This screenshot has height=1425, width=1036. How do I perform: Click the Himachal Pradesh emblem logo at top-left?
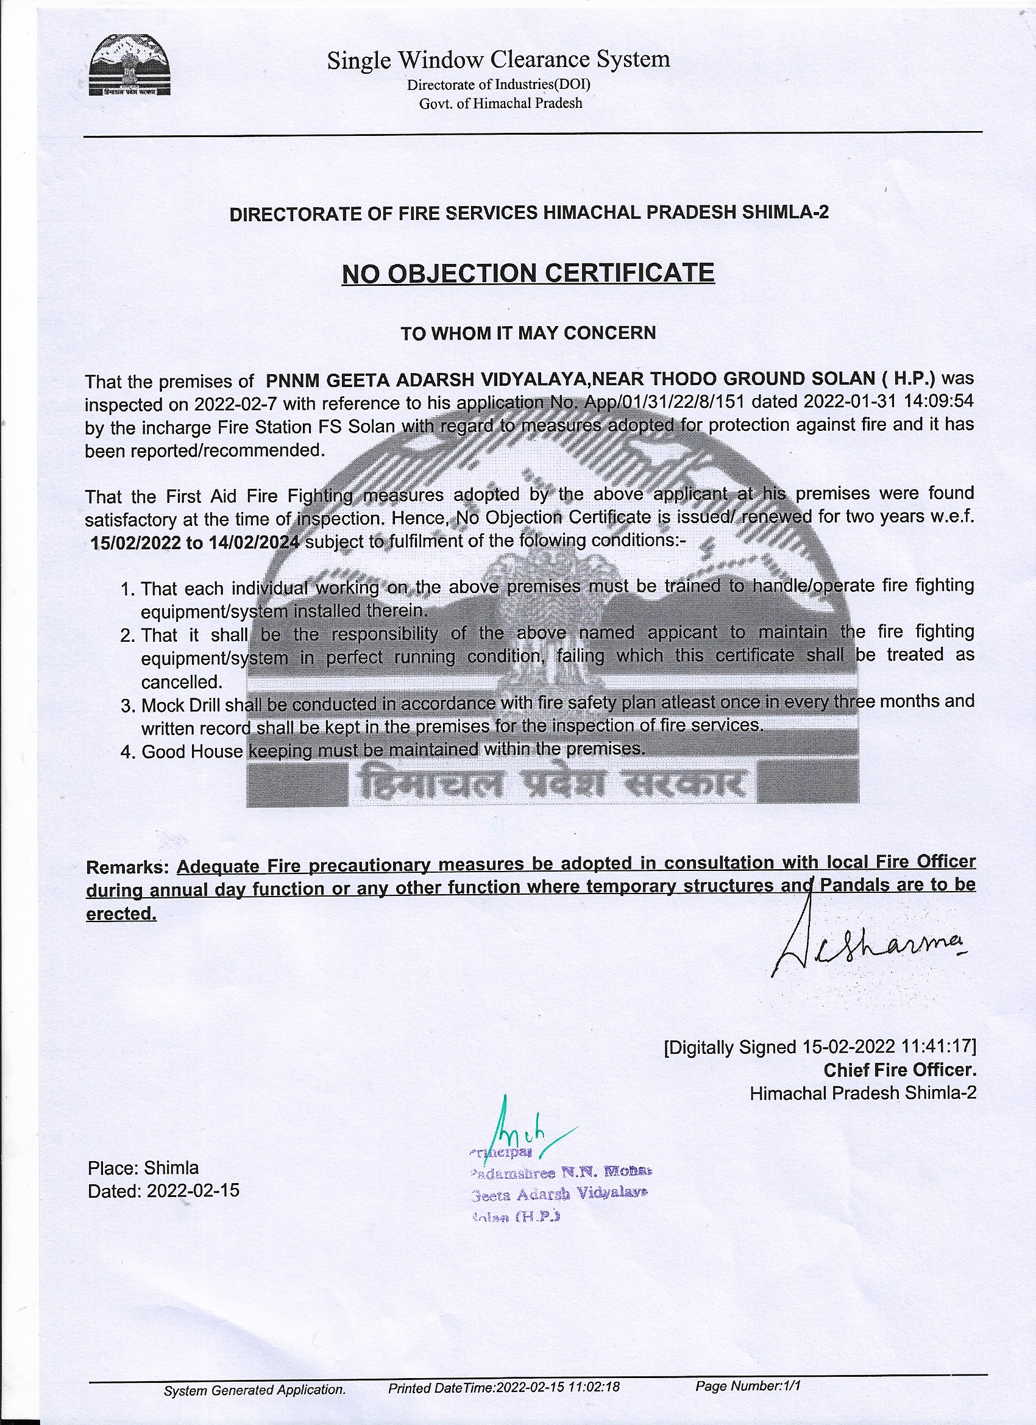tap(129, 66)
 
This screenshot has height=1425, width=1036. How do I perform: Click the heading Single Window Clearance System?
tap(498, 60)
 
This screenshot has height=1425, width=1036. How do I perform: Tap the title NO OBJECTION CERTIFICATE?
tap(528, 273)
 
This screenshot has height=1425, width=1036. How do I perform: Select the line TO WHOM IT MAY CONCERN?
tap(528, 333)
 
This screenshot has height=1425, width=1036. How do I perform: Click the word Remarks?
tap(127, 868)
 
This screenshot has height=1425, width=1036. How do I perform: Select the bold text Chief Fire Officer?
tap(899, 1070)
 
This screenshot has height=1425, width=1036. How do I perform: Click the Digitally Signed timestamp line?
tap(819, 1047)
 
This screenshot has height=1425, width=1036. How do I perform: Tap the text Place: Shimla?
tap(143, 1167)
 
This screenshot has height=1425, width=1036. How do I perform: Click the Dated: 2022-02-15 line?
tap(163, 1190)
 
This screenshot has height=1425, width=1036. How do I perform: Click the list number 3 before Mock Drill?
tap(128, 706)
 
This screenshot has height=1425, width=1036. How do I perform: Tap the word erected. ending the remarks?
tap(121, 914)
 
